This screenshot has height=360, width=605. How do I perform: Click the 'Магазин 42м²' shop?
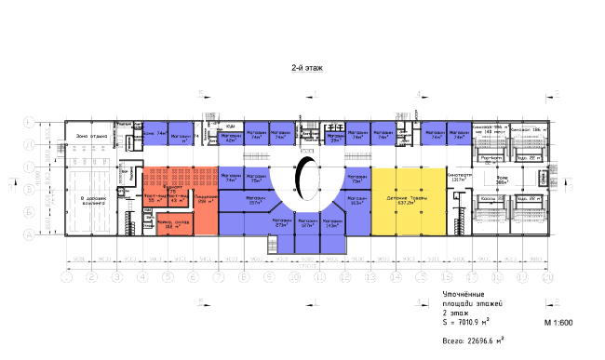point(230,139)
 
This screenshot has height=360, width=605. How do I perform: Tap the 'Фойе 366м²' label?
point(501,181)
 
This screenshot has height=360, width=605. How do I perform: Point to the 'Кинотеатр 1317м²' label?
point(455,178)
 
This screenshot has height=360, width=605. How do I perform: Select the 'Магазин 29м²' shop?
point(334,139)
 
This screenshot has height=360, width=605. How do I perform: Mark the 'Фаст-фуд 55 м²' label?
point(154,199)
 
